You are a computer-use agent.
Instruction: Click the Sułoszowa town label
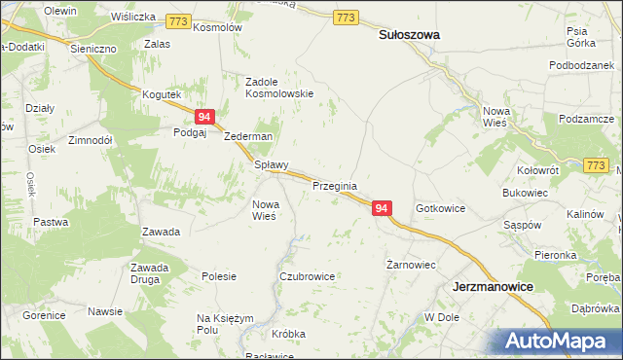point(408,34)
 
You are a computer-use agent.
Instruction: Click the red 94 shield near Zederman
point(204,116)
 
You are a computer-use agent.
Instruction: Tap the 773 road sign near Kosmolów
point(177,19)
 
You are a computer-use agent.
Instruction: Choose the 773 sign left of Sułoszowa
point(346,18)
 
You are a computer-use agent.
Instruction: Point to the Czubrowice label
point(307,276)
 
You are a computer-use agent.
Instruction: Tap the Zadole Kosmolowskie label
point(278,88)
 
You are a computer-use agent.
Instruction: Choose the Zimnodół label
point(91,140)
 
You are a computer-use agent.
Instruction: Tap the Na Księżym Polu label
point(225,324)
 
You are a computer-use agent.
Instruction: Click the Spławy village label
point(272,165)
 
